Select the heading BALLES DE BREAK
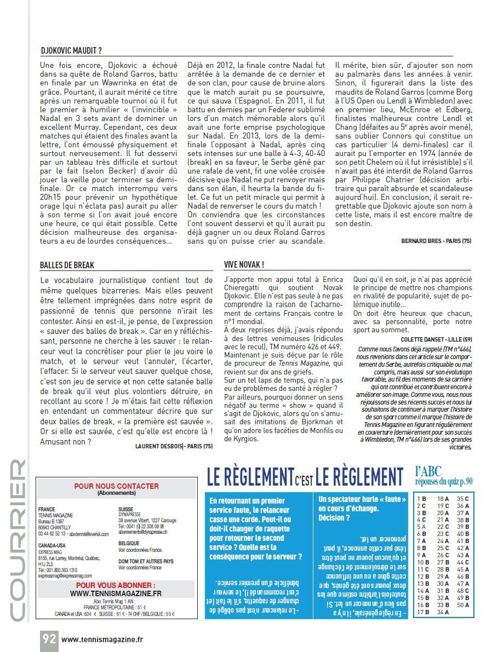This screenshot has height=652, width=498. point(67,265)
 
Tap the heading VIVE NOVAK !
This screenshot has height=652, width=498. point(244,265)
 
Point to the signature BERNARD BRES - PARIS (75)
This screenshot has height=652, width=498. point(436,241)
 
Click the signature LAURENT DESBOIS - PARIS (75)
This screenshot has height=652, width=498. point(174,446)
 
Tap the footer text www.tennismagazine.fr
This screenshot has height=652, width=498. point(102,638)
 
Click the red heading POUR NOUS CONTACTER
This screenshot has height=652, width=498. point(116,486)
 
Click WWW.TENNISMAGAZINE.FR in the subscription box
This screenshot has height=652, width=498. point(116,593)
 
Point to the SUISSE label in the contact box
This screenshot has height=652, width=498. point(127,509)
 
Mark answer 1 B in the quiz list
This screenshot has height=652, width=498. point(422,498)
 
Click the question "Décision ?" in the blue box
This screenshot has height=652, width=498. point(334,517)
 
